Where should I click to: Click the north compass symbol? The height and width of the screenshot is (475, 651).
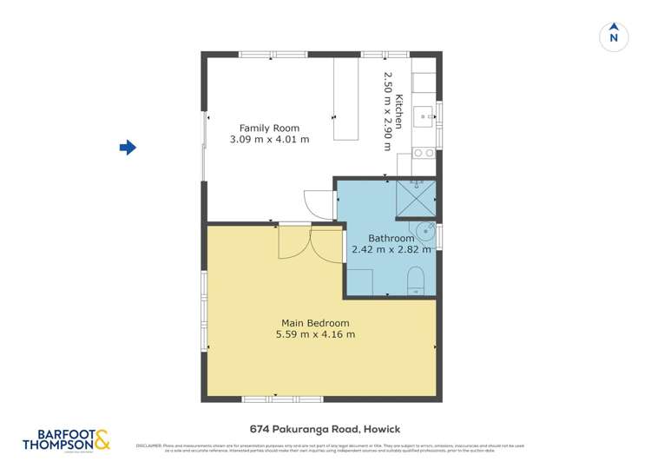614,36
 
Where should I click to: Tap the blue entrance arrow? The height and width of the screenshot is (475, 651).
128,148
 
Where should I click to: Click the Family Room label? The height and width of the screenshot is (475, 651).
269,129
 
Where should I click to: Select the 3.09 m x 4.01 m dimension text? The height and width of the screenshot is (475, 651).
269,139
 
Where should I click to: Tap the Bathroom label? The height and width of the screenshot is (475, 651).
391,238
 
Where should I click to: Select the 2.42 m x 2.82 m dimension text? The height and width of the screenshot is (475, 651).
391,249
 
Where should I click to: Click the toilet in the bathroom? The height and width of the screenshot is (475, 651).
416,281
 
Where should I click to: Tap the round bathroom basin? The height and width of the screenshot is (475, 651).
425,233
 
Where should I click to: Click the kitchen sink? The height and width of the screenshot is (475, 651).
425,114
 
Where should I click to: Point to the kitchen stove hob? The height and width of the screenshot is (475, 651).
424,153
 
